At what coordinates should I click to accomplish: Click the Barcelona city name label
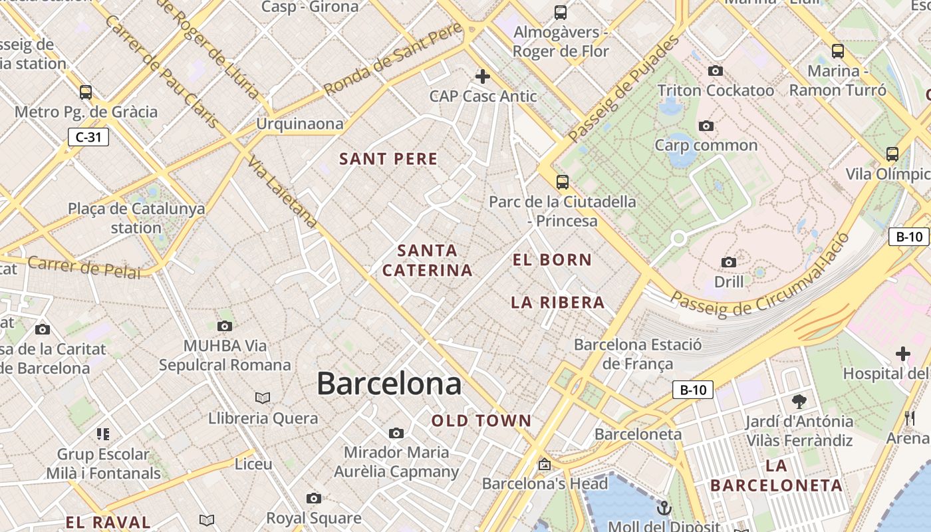389,384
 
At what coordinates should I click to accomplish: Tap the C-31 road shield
88,138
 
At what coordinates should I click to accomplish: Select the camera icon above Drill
729,262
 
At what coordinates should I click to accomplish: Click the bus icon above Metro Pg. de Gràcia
85,92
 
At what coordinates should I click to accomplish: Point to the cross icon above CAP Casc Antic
483,76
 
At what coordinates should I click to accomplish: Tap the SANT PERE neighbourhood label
388,159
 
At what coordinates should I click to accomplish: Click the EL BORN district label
552,260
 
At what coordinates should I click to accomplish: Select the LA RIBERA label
558,303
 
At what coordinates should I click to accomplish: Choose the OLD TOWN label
481,421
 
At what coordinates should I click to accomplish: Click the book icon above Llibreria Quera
263,398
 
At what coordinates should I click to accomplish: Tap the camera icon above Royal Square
313,498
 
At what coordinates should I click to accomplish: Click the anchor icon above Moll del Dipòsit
664,509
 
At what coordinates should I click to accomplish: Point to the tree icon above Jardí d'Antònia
799,401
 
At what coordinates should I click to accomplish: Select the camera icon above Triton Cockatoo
716,70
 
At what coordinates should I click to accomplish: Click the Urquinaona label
300,124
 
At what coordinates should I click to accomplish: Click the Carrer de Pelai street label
84,267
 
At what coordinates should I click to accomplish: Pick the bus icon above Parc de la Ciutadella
563,182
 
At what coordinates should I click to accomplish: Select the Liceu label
253,464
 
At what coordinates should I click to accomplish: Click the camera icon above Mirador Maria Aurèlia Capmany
396,433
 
